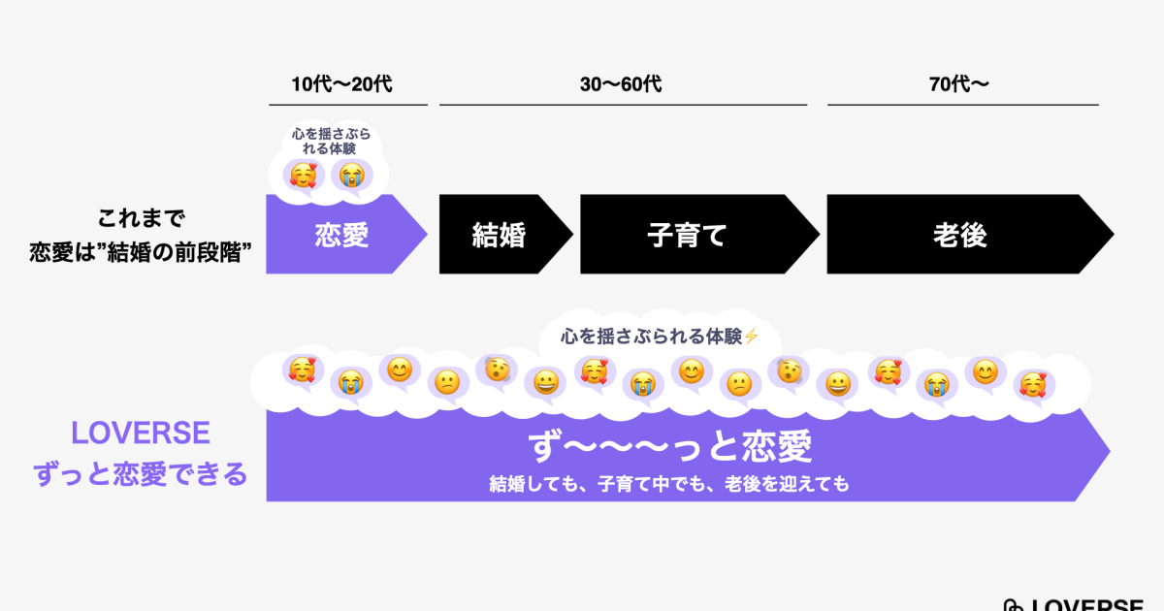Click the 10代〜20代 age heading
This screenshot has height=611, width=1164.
[341, 84]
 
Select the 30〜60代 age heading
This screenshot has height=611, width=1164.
[621, 84]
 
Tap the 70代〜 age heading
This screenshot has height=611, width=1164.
[958, 84]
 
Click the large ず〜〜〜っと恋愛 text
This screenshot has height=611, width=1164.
[670, 446]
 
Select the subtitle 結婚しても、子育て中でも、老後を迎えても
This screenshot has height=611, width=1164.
[669, 484]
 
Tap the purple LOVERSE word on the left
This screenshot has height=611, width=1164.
[141, 433]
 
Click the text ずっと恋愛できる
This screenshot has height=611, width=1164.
[141, 474]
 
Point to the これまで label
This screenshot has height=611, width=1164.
[141, 218]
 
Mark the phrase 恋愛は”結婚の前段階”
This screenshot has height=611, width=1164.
[141, 253]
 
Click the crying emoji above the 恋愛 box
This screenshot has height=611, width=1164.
[352, 176]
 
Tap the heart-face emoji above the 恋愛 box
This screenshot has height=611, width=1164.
[304, 176]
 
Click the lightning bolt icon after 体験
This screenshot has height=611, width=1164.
[751, 337]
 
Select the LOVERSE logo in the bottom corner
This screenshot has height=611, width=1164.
[1074, 605]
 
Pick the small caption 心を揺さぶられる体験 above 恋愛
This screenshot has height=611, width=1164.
[331, 142]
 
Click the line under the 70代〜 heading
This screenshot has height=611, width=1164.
[963, 105]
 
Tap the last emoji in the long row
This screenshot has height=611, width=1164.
[1032, 385]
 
